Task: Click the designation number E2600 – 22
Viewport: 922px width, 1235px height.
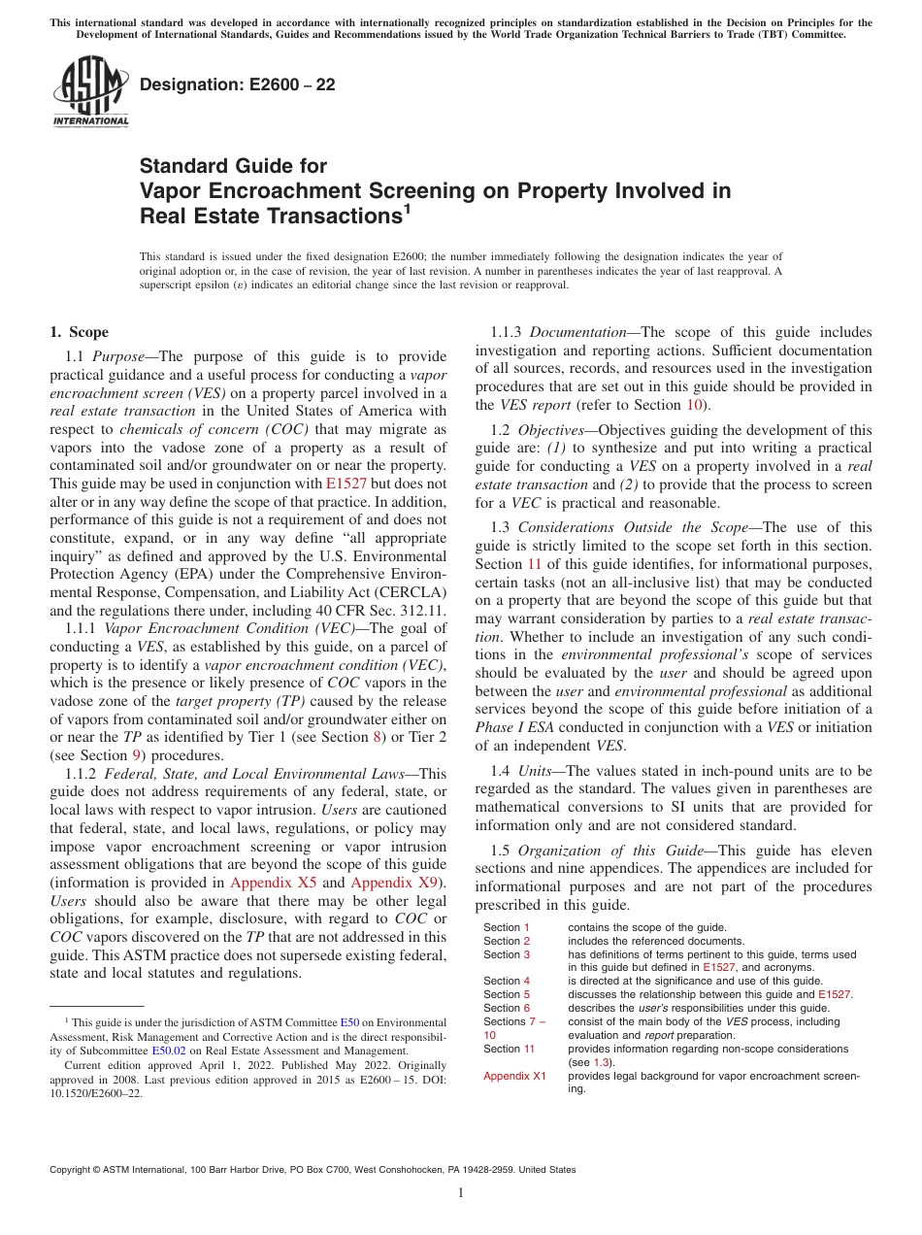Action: pos(237,84)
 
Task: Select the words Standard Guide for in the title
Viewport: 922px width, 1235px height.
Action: pos(233,166)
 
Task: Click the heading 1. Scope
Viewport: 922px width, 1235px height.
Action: pos(79,332)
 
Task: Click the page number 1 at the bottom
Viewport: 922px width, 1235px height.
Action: pos(461,1193)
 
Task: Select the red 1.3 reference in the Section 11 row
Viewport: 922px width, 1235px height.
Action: pos(601,1062)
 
